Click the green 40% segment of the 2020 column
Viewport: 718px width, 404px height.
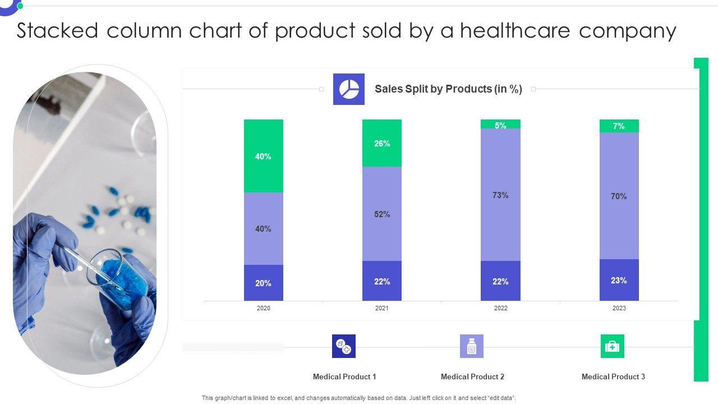[263, 156]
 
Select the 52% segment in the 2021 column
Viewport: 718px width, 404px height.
[381, 214]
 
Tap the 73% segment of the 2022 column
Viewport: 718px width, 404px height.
[500, 195]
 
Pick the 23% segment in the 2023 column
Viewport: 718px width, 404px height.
[619, 280]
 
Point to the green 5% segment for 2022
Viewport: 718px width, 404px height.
[500, 125]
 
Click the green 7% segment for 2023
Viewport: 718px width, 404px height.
[619, 126]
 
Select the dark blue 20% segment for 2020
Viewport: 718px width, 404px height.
[263, 283]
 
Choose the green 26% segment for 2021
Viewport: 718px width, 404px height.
[381, 143]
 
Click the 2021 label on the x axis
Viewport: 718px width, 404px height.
[381, 308]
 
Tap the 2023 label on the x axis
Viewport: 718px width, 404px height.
[619, 308]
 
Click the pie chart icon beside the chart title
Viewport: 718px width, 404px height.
[349, 89]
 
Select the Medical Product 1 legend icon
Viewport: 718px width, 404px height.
[344, 346]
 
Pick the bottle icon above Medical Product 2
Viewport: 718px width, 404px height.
[472, 346]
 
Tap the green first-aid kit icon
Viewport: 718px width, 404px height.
[612, 346]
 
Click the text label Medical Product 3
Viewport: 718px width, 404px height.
[613, 377]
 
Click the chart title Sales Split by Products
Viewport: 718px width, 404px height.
[448, 89]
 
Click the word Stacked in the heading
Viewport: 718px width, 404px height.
[57, 31]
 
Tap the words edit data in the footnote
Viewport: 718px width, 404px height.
[500, 398]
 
